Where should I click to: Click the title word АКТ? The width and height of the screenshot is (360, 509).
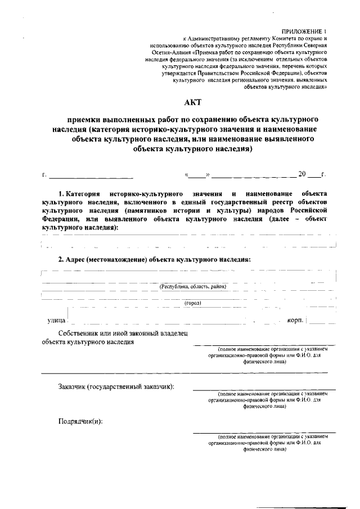coord(192,102)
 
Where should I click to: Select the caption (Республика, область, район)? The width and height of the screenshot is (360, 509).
coord(193,286)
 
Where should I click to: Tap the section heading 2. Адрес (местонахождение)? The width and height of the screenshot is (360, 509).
coord(155,259)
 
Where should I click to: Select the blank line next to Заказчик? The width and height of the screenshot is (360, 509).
coord(264,389)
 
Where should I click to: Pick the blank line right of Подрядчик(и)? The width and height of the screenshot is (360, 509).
coord(264,433)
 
